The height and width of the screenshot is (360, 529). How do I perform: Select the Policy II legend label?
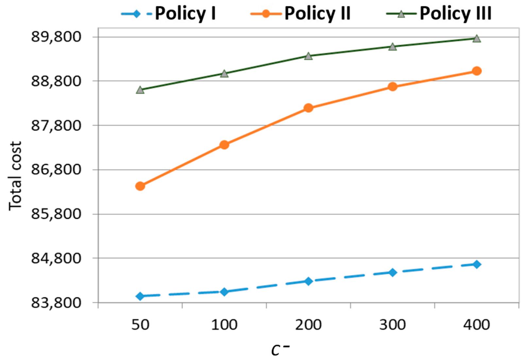pos(317,14)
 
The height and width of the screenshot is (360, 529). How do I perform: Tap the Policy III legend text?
pos(455,14)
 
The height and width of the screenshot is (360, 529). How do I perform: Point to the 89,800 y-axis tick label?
pos(56,37)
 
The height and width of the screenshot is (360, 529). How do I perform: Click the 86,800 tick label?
pos(56,170)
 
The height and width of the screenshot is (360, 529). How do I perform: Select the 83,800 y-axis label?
pos(56,303)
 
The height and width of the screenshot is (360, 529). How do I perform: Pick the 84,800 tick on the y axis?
pos(56,258)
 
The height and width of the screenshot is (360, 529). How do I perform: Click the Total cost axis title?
pos(15,176)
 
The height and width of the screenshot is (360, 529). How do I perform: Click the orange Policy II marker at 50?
pos(140,186)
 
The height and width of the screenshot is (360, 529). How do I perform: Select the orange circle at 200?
pos(308,108)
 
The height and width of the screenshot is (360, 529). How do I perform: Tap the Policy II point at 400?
pos(477,71)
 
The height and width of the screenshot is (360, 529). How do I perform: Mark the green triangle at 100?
pos(224,74)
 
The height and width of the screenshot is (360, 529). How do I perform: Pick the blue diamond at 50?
pos(140,296)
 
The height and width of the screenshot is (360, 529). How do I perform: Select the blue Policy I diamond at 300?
pos(393,272)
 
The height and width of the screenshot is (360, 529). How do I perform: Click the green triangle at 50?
pos(140,90)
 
